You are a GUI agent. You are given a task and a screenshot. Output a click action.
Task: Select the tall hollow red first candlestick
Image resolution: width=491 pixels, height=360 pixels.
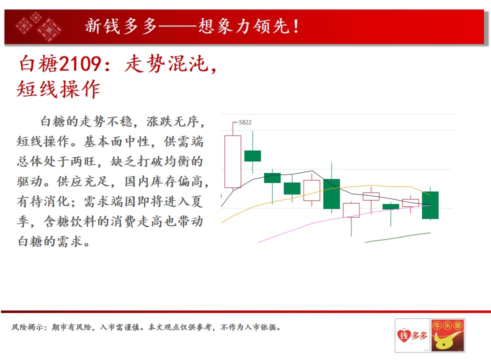pyautogui.click(x=233, y=161)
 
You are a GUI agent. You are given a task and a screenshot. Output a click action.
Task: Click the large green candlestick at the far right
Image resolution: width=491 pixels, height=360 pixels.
pyautogui.click(x=430, y=205)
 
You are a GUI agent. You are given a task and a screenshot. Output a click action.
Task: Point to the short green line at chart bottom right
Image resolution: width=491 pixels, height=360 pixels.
pyautogui.click(x=397, y=237)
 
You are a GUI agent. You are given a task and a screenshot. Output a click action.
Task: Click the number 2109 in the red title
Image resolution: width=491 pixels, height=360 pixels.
pyautogui.click(x=80, y=64)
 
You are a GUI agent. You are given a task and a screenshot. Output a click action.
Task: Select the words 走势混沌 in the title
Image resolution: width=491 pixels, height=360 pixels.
pyautogui.click(x=166, y=64)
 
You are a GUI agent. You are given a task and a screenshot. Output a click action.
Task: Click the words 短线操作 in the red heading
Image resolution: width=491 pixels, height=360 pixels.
pyautogui.click(x=58, y=89)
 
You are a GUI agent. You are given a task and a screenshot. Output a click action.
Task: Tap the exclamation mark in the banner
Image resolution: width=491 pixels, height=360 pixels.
pyautogui.click(x=296, y=26)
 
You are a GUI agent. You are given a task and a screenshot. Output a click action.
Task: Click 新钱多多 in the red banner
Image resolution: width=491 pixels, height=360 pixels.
pyautogui.click(x=121, y=26)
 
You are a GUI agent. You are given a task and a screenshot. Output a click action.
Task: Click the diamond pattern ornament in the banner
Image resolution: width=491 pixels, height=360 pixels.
pyautogui.click(x=39, y=26)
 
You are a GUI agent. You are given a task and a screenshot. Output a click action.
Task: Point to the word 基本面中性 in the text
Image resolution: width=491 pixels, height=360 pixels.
pyautogui.click(x=116, y=142)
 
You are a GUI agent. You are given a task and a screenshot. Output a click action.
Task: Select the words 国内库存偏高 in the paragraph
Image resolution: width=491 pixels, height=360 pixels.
pyautogui.click(x=163, y=181)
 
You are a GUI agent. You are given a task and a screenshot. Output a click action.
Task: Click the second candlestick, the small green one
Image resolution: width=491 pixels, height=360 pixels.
pyautogui.click(x=252, y=155)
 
